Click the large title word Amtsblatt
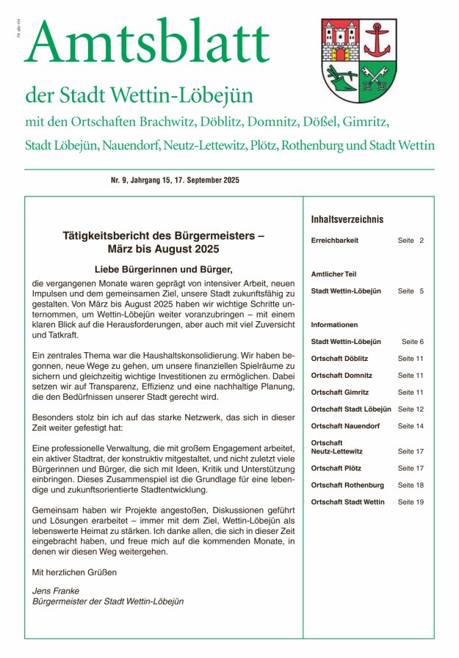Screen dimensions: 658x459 (147, 43)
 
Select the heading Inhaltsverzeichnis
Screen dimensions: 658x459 (347, 219)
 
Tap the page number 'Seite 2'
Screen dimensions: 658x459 (411, 241)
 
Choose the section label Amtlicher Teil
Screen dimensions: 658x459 (333, 274)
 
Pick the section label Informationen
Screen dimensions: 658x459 (334, 324)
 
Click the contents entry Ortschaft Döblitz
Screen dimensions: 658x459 (339, 358)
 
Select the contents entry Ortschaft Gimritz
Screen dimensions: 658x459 (340, 392)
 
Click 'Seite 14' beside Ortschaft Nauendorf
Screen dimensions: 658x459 (411, 426)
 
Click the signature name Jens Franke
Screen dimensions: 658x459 (57, 590)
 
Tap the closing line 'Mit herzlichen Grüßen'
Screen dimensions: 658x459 (74, 571)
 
